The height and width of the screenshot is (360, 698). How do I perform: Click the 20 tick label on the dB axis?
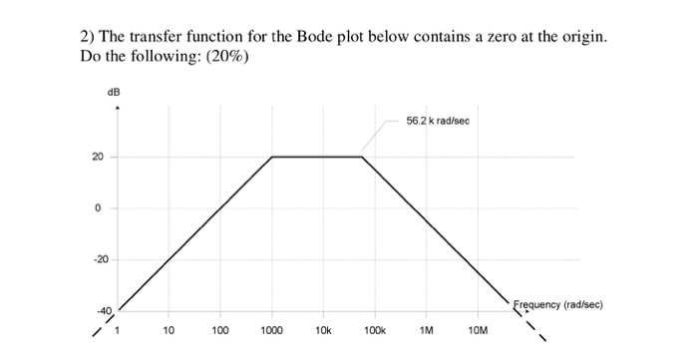(99, 157)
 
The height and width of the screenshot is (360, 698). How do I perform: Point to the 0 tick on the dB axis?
(100, 208)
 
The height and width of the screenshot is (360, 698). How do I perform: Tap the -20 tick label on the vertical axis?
(98, 260)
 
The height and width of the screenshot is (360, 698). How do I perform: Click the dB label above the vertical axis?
(114, 91)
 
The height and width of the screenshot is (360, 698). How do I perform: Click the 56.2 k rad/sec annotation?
(438, 121)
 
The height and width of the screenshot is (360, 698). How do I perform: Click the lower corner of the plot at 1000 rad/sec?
(271, 157)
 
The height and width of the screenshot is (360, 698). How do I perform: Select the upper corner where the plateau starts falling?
(362, 157)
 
